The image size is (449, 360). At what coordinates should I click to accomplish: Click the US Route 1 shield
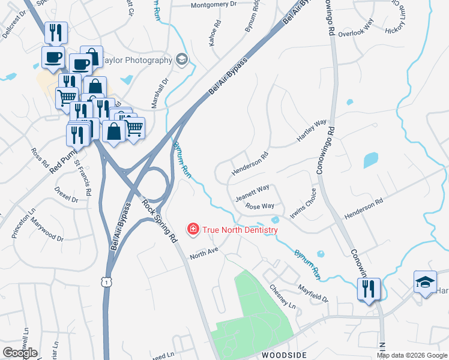106,281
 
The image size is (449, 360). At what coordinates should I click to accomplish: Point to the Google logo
20,353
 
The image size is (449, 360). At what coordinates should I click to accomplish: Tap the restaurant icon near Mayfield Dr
366,290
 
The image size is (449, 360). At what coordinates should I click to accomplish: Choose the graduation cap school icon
424,282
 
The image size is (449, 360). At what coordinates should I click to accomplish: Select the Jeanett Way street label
252,190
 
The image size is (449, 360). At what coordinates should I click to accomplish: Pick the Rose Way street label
260,206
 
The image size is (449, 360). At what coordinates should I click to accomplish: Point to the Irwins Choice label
303,205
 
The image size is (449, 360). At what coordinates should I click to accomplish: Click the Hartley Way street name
312,131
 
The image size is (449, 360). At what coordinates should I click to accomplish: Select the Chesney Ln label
283,296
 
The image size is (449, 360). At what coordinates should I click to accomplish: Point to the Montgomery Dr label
214,5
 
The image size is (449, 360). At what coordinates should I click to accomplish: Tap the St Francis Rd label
83,178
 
